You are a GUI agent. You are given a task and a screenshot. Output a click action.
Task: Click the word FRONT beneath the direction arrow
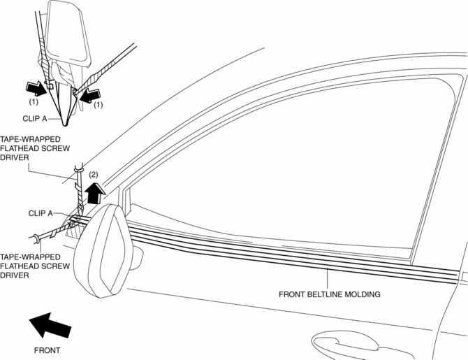coord(46,350)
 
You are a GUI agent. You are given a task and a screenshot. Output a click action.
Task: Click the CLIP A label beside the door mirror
coord(41,214)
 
